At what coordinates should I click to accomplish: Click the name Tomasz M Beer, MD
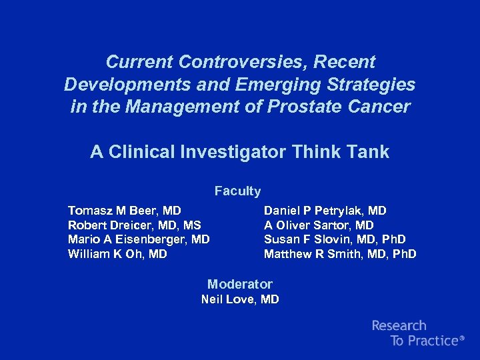point(124,211)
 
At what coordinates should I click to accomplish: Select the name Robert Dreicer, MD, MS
point(134,225)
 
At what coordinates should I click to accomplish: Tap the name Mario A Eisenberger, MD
point(139,239)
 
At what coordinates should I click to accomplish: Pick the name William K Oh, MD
point(117,254)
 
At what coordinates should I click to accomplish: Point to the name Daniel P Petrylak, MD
point(325,211)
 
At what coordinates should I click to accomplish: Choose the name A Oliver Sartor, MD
point(319,225)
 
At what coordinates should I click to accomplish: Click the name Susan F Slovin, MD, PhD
point(335,239)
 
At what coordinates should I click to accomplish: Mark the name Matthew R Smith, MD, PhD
point(340,254)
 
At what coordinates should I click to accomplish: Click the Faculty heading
point(237,191)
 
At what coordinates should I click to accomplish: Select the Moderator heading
point(240,284)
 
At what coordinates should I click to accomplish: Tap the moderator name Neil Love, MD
point(240,299)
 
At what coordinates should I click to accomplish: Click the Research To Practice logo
point(417,333)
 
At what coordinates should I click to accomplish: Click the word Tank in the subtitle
point(367,152)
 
